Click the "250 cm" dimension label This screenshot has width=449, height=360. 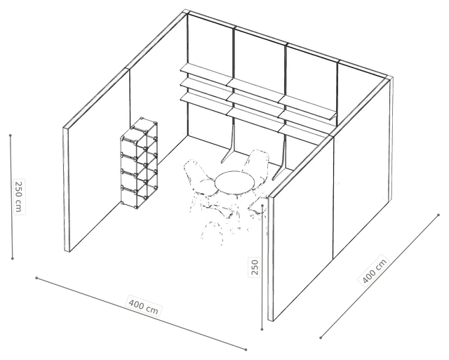(x=19, y=196)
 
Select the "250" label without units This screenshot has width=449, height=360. (x=255, y=267)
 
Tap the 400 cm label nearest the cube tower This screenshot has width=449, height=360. (x=143, y=306)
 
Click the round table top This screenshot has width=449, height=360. (x=235, y=182)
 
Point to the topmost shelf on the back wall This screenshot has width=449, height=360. (x=257, y=87)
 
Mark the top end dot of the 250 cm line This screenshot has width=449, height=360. (x=11, y=135)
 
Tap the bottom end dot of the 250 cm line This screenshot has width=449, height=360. (x=13, y=259)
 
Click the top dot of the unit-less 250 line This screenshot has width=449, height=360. (x=263, y=206)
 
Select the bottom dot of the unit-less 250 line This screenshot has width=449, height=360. (x=262, y=329)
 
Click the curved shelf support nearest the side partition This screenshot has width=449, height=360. (x=281, y=161)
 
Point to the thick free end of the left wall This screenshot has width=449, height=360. (x=67, y=189)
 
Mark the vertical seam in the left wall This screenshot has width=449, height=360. (x=130, y=100)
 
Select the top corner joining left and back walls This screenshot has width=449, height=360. (x=187, y=12)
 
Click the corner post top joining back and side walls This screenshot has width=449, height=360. (x=389, y=79)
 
